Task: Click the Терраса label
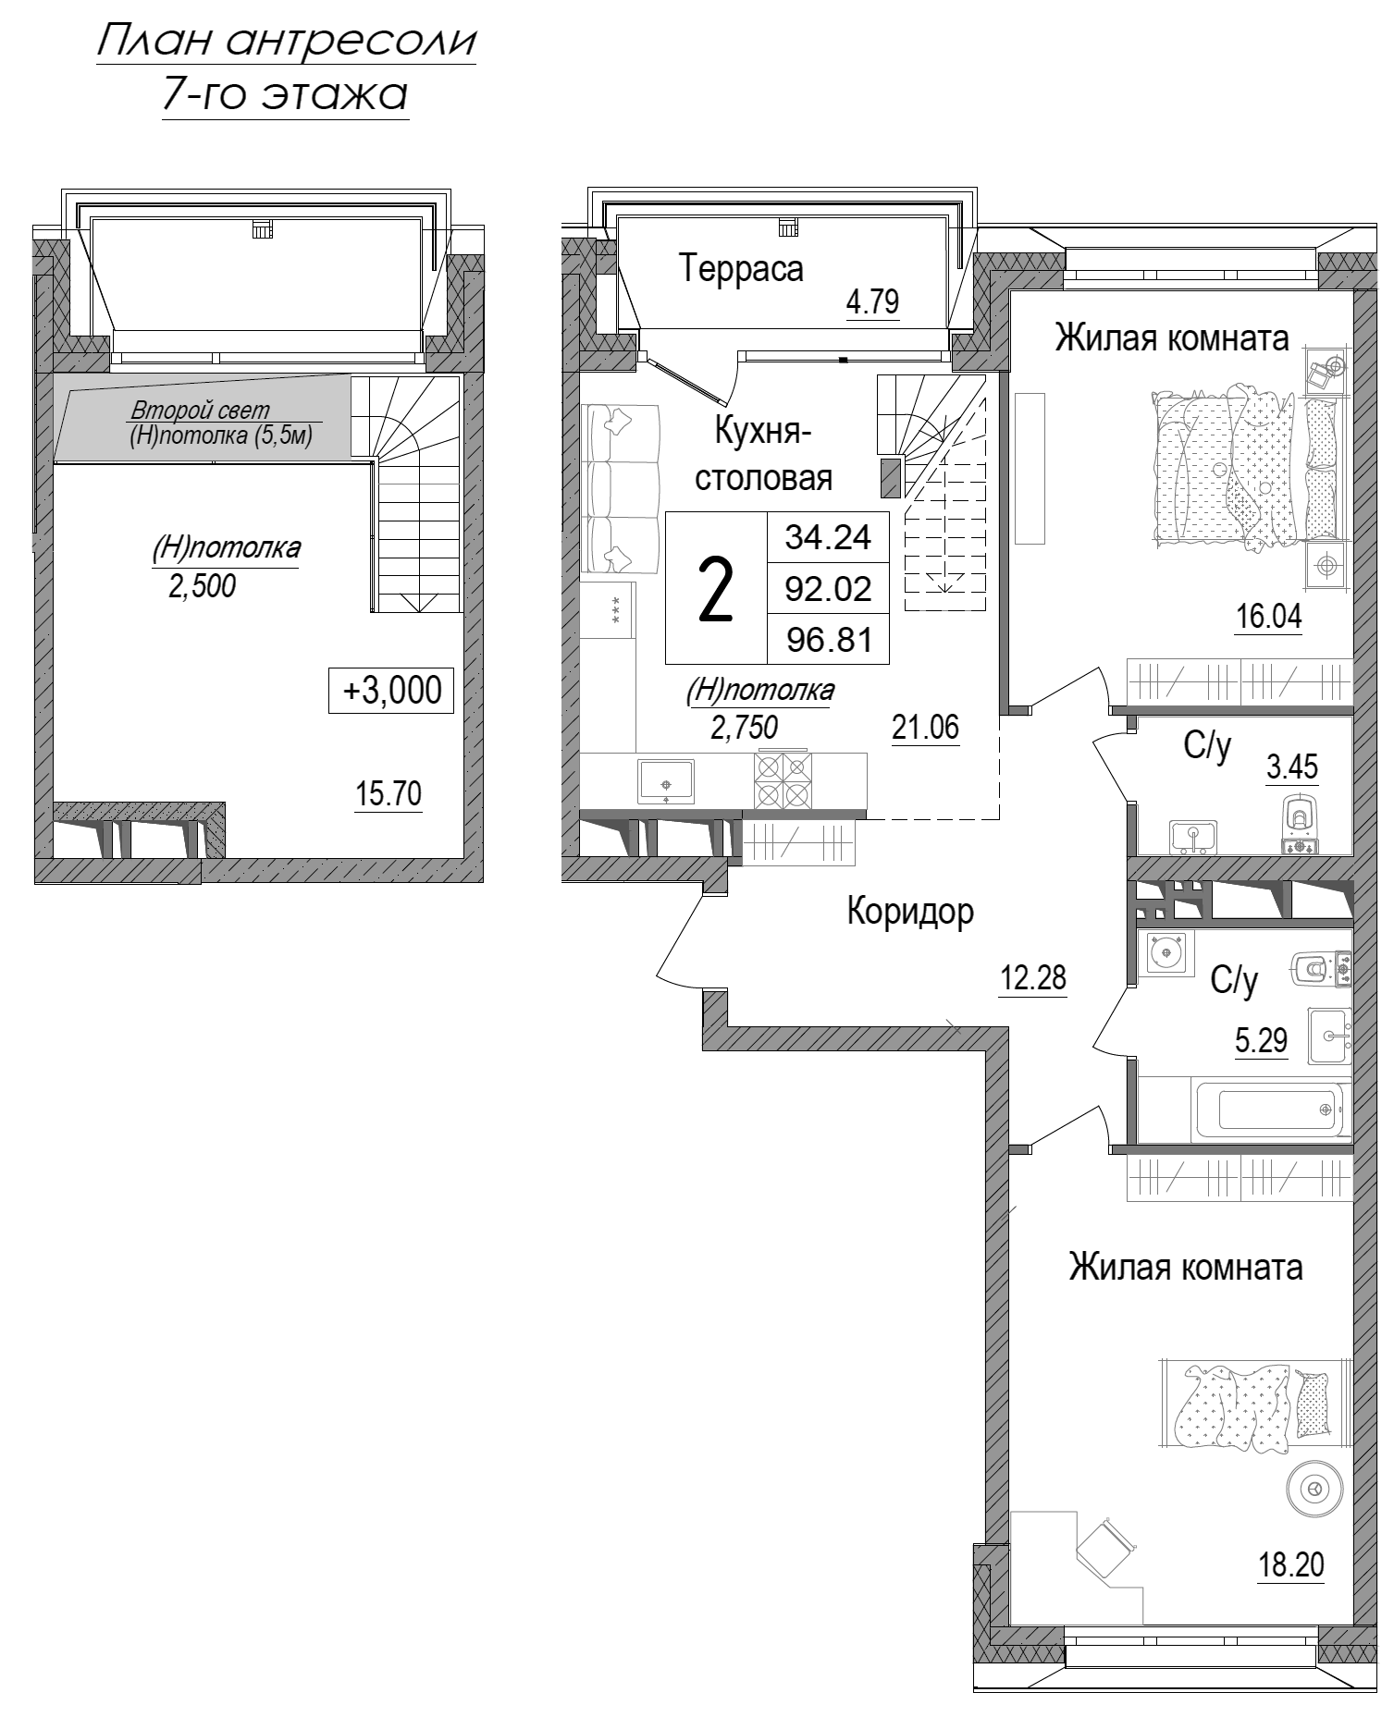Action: tap(741, 269)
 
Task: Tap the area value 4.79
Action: tap(873, 301)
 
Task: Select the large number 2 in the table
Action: tap(715, 590)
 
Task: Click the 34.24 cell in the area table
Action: tap(828, 536)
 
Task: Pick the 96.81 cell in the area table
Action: tap(828, 639)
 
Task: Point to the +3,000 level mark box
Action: tap(391, 691)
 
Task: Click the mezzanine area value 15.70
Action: tap(389, 793)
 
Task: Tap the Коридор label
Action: tap(910, 912)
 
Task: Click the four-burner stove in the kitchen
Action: tap(782, 780)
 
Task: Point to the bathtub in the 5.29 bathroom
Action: tap(1269, 1110)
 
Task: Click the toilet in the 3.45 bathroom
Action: tap(1300, 823)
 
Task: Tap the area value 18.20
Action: tap(1290, 1565)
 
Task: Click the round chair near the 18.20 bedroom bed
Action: tap(1314, 1490)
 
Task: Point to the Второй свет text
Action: tap(200, 410)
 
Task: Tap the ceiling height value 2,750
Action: tap(744, 728)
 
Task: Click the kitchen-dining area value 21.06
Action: tap(925, 728)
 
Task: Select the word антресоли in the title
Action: tap(351, 42)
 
